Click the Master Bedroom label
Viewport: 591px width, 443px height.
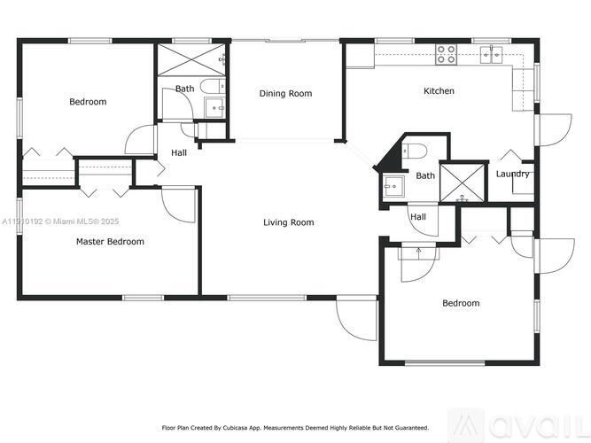(110, 241)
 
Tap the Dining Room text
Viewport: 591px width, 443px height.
(285, 93)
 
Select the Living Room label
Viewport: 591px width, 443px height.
(288, 222)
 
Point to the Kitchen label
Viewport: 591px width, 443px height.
(439, 91)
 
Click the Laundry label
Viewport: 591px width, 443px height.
(512, 174)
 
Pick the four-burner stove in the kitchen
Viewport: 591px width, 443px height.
(446, 54)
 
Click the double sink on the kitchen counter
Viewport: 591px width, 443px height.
(492, 55)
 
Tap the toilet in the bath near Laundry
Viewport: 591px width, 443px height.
(416, 149)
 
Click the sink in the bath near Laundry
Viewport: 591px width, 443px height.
(393, 187)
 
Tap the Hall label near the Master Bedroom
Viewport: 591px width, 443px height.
(179, 152)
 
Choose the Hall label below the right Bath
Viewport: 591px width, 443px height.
(418, 217)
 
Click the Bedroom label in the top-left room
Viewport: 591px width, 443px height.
(88, 102)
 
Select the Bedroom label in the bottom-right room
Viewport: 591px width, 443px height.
(461, 303)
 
